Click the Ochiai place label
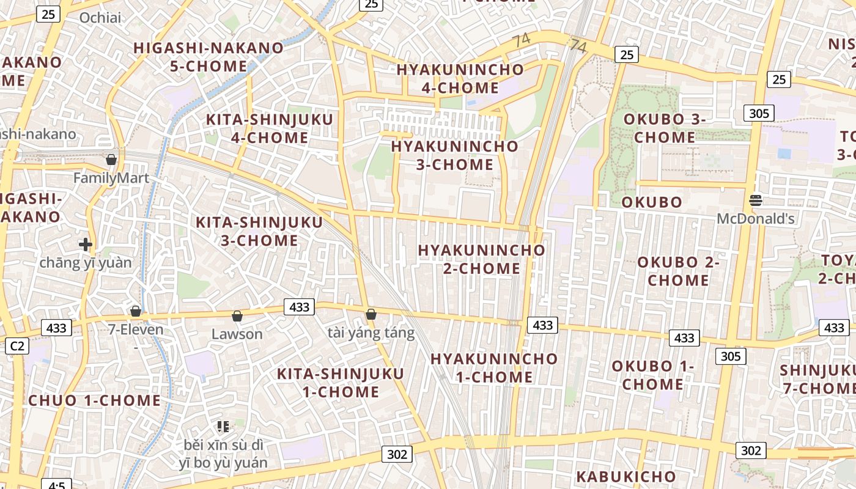click(100, 18)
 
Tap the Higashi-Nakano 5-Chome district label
click(208, 56)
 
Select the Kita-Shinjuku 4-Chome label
click(270, 128)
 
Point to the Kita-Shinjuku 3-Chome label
click(259, 231)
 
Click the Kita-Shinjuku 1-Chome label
click(341, 382)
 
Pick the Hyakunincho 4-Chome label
click(460, 78)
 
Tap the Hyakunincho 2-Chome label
click(482, 259)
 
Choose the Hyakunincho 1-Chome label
click(494, 367)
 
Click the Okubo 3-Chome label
click(665, 128)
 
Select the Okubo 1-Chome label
click(652, 375)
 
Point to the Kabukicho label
click(626, 477)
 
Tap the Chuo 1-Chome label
click(95, 401)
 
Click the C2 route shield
click(17, 346)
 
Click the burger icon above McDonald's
click(756, 200)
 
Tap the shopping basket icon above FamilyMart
click(111, 160)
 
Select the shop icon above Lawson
click(237, 316)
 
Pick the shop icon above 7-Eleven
click(136, 311)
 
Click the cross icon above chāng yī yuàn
click(86, 244)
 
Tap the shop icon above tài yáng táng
click(371, 314)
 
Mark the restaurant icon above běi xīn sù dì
click(223, 426)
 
